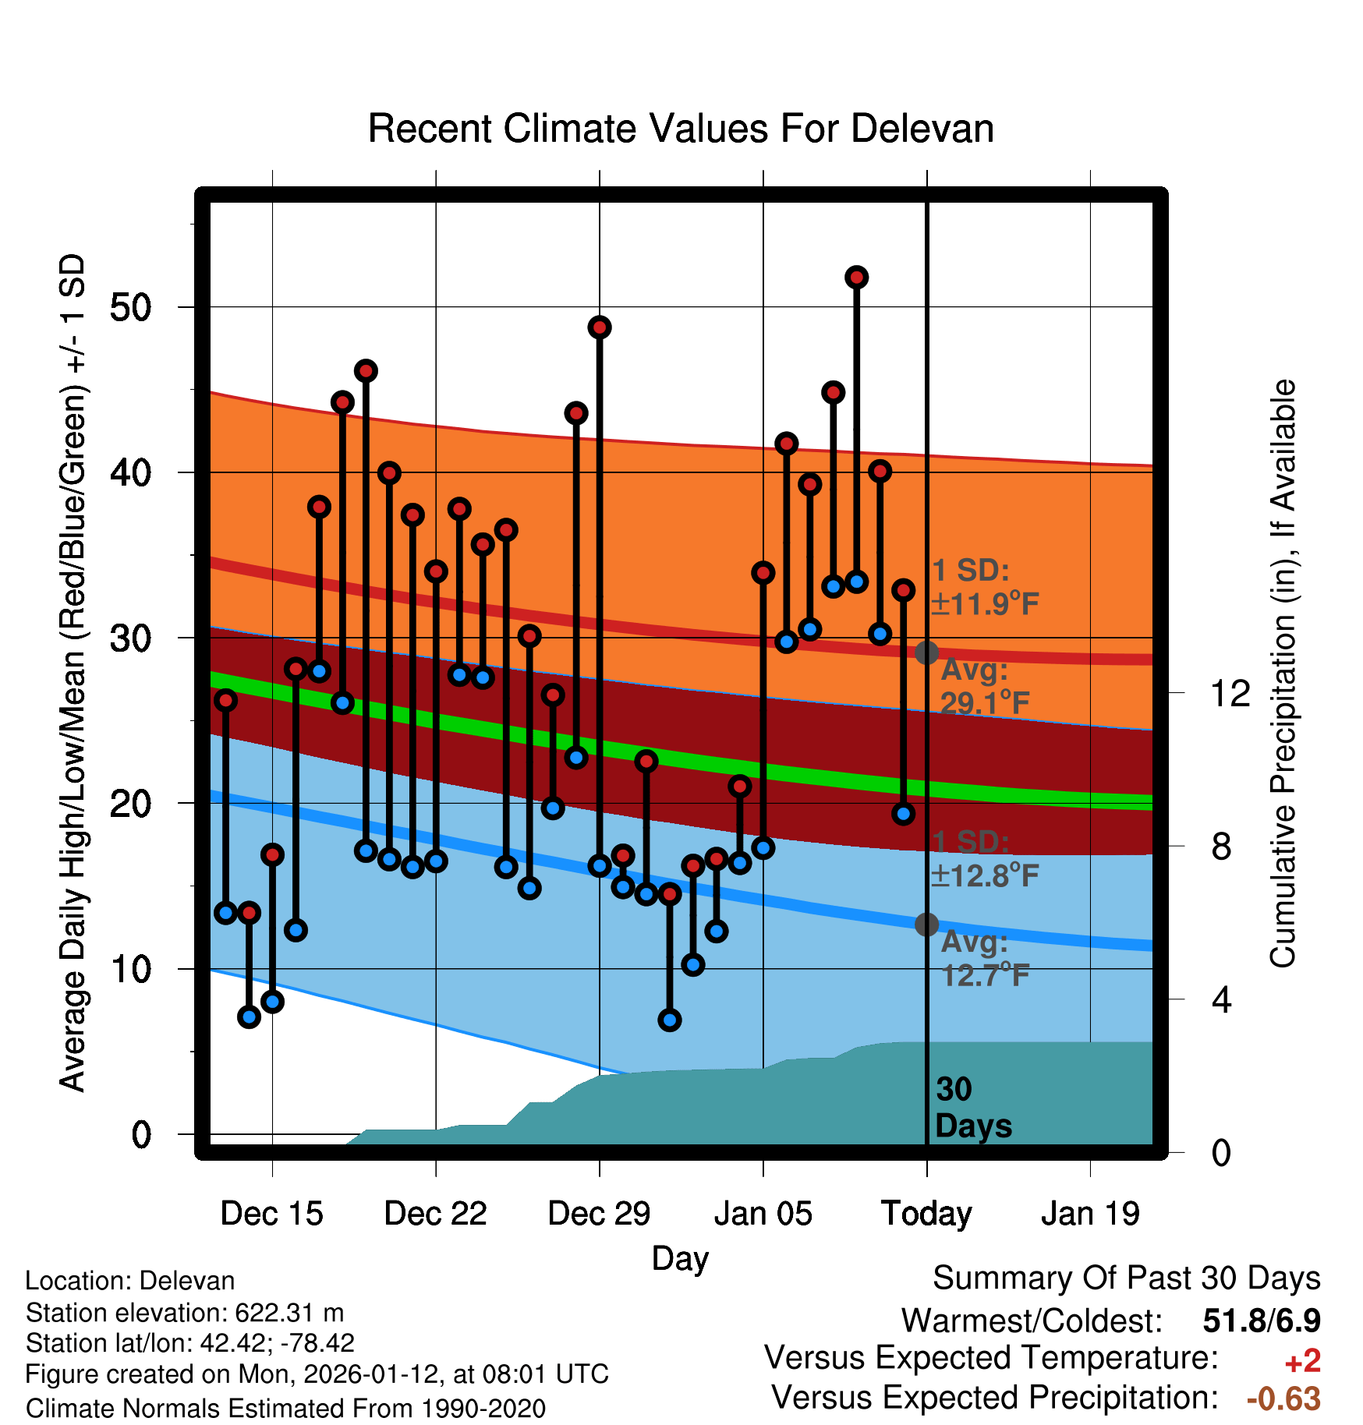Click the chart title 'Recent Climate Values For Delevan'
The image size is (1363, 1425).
coord(681,129)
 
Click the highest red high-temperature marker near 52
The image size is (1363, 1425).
coord(856,278)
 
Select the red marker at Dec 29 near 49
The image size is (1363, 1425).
coord(600,327)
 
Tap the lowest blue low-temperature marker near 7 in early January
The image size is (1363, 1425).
coord(669,1020)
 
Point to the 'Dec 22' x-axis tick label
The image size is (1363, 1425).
coord(435,1214)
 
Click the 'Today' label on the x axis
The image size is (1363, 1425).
coord(926,1214)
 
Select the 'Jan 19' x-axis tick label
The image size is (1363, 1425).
coord(1090,1214)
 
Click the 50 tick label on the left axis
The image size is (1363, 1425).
coord(130,308)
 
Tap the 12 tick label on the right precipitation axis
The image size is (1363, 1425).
coord(1230,693)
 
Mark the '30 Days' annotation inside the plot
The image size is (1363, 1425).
coord(973,1108)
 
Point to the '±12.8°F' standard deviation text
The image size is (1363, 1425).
coord(984,876)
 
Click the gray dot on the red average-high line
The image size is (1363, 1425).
coord(926,652)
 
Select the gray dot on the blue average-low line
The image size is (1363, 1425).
coord(926,925)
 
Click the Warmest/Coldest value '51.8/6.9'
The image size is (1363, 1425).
coord(1262,1321)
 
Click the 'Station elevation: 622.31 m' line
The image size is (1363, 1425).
coord(185,1313)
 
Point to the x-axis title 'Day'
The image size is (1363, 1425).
coord(680,1258)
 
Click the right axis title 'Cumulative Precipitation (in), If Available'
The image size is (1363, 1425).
coord(1283,674)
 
